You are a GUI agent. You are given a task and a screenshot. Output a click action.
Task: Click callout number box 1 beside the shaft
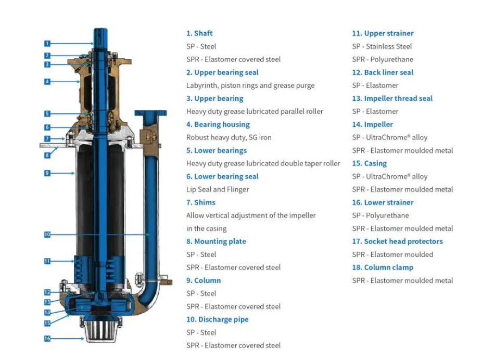pos(47,43)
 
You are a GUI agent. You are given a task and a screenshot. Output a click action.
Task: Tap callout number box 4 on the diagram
pos(47,81)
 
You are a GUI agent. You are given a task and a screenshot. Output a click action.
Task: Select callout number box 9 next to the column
pos(47,173)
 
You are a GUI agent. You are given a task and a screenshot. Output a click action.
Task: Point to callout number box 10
pos(47,235)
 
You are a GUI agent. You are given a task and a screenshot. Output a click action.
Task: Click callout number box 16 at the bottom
pos(47,339)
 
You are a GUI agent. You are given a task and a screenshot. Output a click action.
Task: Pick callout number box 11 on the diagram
pos(47,261)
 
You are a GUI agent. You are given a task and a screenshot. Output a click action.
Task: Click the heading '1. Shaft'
pos(199,33)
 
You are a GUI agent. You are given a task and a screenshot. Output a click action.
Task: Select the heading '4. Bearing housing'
pos(218,124)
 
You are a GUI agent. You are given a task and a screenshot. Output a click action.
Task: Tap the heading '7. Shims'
pos(200,202)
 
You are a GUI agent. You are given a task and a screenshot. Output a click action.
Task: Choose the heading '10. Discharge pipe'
pos(217,319)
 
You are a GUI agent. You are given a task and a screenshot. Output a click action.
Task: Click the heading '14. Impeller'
pos(372,124)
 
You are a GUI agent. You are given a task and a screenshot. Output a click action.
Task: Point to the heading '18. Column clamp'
pos(382,267)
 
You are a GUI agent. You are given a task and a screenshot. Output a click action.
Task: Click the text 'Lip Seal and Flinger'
pos(218,189)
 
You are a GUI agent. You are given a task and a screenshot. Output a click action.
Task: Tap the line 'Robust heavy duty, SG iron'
pos(229,137)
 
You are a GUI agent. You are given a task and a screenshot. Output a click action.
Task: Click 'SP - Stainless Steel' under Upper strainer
pos(382,46)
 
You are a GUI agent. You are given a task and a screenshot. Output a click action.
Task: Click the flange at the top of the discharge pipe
pos(150,113)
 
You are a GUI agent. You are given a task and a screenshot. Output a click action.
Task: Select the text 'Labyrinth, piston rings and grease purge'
pos(250,85)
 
